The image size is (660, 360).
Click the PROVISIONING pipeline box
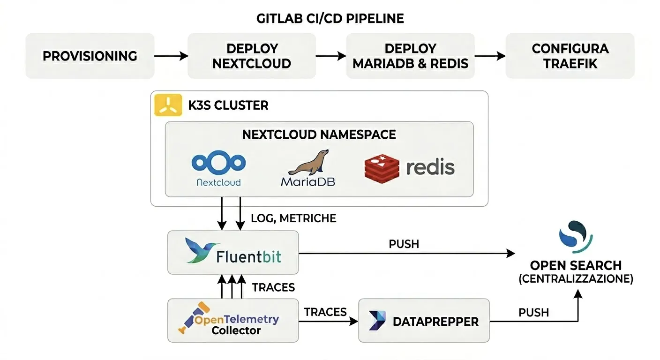(x=90, y=56)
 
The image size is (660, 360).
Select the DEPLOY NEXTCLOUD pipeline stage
(x=252, y=56)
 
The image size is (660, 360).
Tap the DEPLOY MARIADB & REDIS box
(x=410, y=56)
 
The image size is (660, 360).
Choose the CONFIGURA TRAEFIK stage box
(x=570, y=56)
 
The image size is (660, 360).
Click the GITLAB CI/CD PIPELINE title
(x=330, y=19)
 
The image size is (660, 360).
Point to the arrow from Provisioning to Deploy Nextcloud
(x=171, y=56)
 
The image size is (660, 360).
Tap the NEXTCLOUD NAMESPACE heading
(x=319, y=135)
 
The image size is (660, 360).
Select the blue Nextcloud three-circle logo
(x=218, y=163)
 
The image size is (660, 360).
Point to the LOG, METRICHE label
(x=293, y=218)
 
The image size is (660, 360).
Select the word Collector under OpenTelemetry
(x=236, y=330)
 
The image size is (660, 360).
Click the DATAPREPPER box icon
(x=377, y=321)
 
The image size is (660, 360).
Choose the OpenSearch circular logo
(x=576, y=236)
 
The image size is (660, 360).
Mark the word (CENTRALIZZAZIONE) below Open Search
(x=576, y=279)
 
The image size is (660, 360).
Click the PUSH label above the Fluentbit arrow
(x=404, y=244)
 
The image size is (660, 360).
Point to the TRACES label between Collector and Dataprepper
(x=325, y=312)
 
